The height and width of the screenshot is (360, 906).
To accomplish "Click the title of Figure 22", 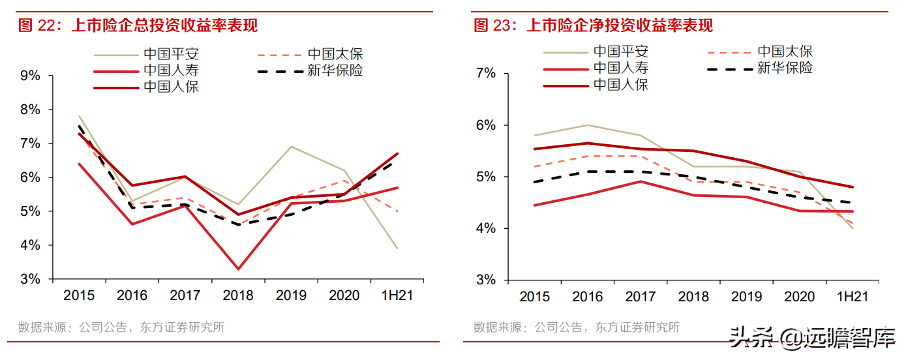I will click(x=138, y=25).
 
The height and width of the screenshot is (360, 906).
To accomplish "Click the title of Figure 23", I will click(x=593, y=25).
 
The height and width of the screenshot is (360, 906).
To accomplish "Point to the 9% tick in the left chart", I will click(x=31, y=76).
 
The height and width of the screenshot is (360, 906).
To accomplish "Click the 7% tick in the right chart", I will click(x=486, y=73).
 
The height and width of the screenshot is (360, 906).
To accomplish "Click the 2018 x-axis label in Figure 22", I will click(x=238, y=295).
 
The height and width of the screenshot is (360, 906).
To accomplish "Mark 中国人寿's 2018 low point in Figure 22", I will click(x=238, y=269).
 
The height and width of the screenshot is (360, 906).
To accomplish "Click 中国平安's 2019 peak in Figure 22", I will click(x=292, y=147).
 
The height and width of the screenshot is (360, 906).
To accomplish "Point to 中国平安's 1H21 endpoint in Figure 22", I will click(x=397, y=248).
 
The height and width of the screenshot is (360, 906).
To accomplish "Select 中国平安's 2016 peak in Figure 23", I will click(x=587, y=125).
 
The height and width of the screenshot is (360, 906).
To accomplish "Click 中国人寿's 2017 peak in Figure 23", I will click(x=641, y=181).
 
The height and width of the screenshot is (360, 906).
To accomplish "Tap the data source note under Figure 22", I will click(x=121, y=327).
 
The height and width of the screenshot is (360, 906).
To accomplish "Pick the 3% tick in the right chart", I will click(x=486, y=280).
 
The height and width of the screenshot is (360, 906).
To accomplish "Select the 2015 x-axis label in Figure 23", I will click(x=535, y=297).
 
